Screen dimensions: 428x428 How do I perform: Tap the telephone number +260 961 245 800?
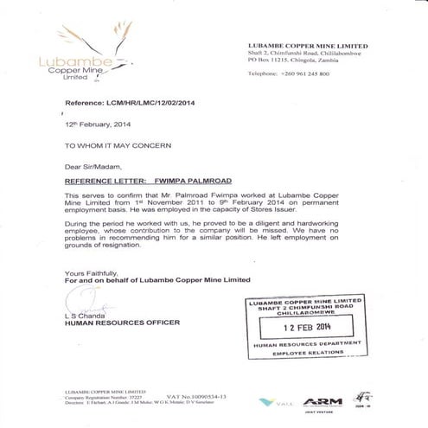300,73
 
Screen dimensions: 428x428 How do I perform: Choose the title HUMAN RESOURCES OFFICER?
123,323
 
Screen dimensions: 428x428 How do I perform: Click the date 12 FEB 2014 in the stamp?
312,329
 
